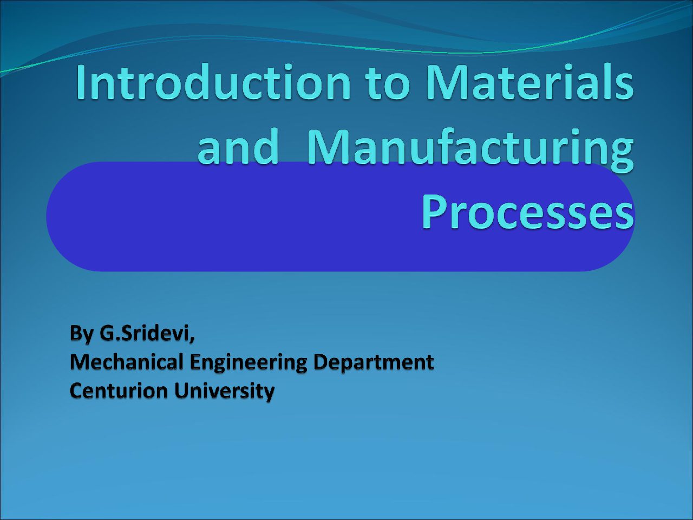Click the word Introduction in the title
213,82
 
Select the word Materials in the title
530,82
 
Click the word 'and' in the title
238,146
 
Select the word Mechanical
127,362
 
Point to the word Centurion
119,391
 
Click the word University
224,392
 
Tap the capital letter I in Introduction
81,82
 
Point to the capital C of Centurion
77,391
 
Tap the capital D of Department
322,362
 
